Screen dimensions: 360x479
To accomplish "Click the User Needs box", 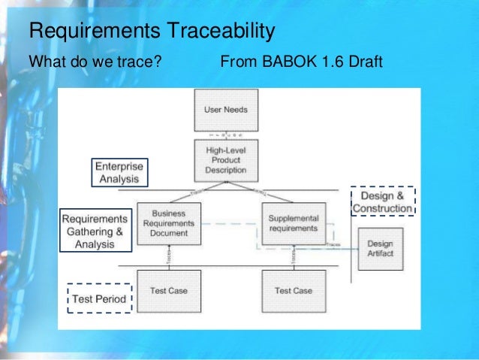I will click(225, 110).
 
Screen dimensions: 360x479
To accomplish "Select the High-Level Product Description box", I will click(225, 160).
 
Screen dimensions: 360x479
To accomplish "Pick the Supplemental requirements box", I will click(294, 223).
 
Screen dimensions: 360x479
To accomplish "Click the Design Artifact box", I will click(380, 249).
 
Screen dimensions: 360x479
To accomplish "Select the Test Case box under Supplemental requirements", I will click(293, 291).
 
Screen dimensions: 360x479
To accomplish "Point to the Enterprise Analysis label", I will click(119, 172).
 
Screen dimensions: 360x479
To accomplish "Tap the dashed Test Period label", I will click(100, 299).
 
